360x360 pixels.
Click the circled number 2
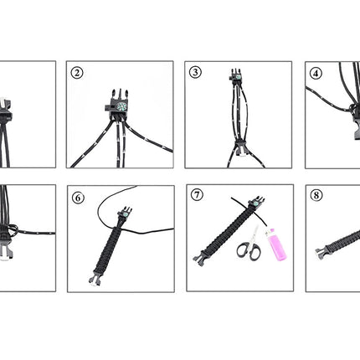[x=77, y=73]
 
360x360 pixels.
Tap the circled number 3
[x=195, y=72]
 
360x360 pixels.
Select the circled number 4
[x=316, y=74]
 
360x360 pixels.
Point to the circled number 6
[x=78, y=198]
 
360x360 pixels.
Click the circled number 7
[x=197, y=194]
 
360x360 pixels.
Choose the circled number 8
[x=316, y=195]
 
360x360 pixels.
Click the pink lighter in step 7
[x=275, y=244]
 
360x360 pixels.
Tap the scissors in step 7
[x=250, y=244]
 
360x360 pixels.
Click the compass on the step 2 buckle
[x=121, y=106]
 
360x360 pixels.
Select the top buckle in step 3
[x=236, y=76]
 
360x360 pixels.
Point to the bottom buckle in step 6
[x=95, y=279]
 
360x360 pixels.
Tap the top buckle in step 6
[x=126, y=213]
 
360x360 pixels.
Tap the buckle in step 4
[x=357, y=120]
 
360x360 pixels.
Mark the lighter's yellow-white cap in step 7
[x=270, y=232]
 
